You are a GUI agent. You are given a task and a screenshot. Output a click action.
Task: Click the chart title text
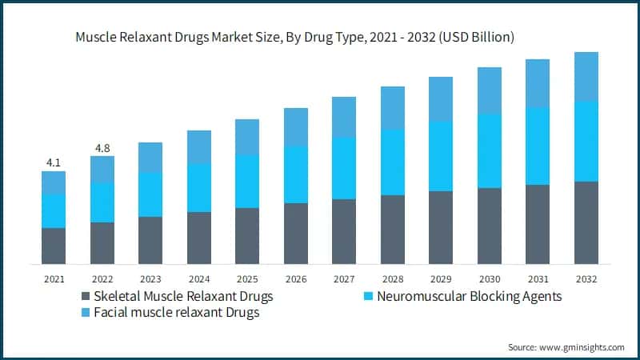pyautogui.click(x=295, y=37)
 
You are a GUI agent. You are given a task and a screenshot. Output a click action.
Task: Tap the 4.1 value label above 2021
pyautogui.click(x=54, y=162)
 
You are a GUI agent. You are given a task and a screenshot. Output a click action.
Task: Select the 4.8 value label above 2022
pyautogui.click(x=102, y=147)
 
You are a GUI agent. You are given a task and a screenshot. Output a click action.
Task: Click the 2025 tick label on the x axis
pyautogui.click(x=246, y=279)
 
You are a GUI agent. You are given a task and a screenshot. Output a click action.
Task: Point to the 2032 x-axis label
pyautogui.click(x=586, y=279)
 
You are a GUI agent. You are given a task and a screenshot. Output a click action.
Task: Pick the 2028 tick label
pyautogui.click(x=392, y=279)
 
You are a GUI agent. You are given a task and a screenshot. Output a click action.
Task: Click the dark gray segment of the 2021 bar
pyautogui.click(x=54, y=246)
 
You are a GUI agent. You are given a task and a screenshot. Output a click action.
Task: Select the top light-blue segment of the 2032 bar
pyautogui.click(x=586, y=77)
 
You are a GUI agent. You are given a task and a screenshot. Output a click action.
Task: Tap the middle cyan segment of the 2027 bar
pyautogui.click(x=344, y=168)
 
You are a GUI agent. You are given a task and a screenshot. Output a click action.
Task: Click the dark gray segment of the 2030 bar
pyautogui.click(x=490, y=226)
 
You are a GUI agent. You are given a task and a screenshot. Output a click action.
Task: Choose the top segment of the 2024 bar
pyautogui.click(x=198, y=147)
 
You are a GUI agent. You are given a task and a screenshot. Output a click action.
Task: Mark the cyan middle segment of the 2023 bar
pyautogui.click(x=150, y=194)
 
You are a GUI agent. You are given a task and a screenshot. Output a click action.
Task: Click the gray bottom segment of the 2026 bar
pyautogui.click(x=295, y=234)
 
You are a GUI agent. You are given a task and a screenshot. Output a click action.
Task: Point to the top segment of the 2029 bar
pyautogui.click(x=441, y=99)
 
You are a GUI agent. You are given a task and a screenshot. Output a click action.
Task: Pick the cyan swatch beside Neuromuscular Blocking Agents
pyautogui.click(x=369, y=297)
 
